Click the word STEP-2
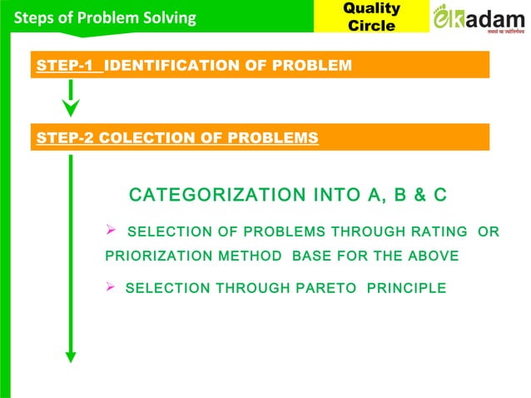64,138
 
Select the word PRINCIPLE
406,288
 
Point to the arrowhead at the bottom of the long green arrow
71,356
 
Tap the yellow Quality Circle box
371,17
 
